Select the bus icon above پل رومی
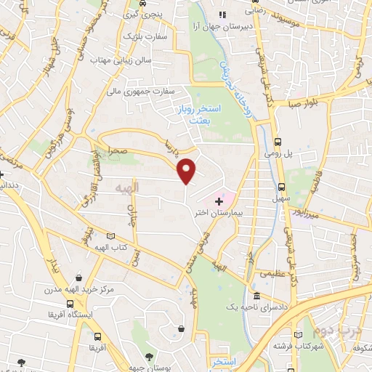pos(279,142)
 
